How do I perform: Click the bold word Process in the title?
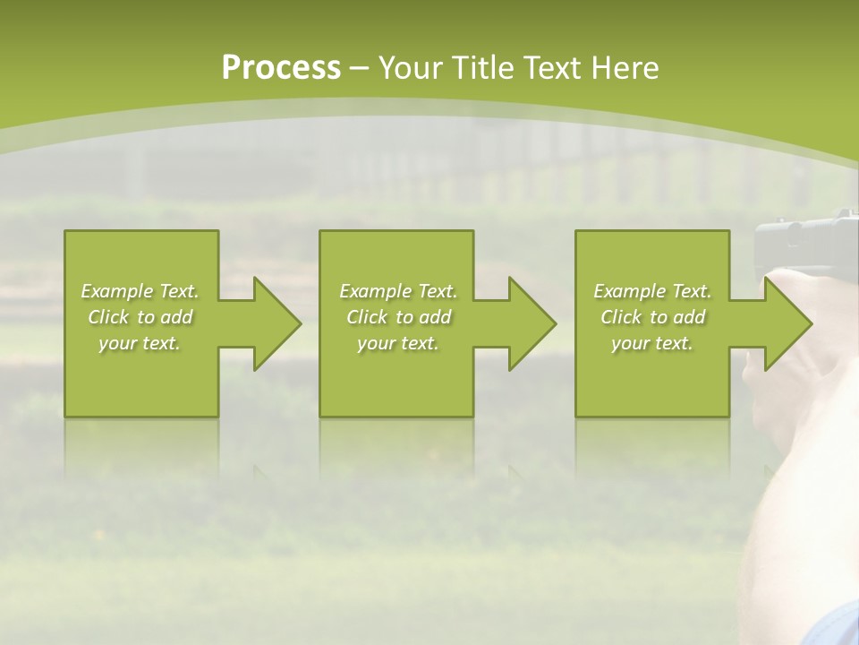click(281, 68)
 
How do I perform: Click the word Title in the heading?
click(483, 68)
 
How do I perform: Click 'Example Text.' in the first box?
click(140, 291)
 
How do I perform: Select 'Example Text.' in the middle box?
click(398, 291)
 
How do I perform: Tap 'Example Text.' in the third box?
click(652, 291)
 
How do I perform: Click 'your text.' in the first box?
click(140, 343)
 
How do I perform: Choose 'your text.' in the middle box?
click(398, 343)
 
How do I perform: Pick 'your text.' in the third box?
click(652, 343)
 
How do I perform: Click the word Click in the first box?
click(108, 317)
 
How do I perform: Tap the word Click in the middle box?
click(367, 317)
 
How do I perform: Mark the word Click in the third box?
click(621, 317)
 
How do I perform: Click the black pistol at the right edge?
click(805, 237)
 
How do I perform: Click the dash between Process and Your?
click(359, 69)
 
